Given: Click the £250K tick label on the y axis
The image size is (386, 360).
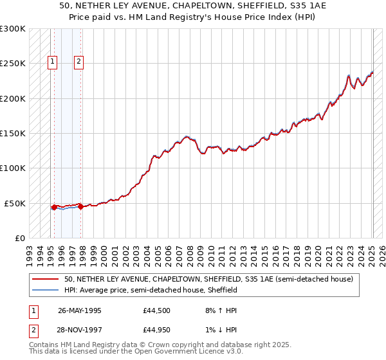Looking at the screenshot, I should (12, 64).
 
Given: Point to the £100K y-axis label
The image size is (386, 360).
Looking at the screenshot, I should (12, 168).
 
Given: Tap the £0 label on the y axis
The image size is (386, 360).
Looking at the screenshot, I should (19, 239).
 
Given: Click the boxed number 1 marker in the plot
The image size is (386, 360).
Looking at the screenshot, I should (52, 62).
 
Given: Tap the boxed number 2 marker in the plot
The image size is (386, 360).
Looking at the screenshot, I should (78, 62).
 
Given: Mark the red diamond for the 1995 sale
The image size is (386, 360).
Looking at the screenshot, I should (54, 207).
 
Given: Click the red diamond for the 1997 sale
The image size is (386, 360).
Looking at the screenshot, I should (81, 207).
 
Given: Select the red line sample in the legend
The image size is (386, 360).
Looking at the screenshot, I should (45, 280).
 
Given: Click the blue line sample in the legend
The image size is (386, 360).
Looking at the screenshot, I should (45, 291).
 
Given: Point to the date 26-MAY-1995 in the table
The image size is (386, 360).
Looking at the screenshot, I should (80, 310).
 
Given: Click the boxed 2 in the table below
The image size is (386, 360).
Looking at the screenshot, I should (33, 332).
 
